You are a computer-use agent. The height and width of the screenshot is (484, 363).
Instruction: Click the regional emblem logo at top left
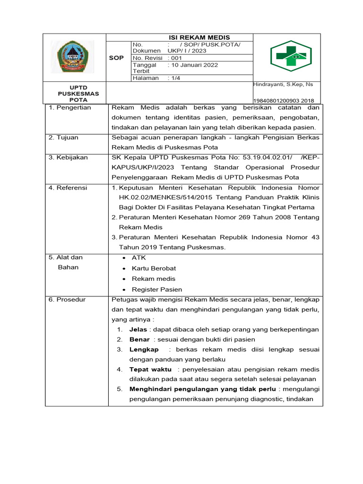point(72,57)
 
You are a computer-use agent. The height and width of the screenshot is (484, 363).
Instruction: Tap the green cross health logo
point(287,56)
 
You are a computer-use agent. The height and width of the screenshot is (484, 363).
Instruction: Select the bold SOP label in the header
point(116,58)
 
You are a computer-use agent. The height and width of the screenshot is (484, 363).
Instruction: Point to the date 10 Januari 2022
point(194,65)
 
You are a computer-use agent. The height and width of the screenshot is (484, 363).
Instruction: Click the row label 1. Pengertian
point(70,107)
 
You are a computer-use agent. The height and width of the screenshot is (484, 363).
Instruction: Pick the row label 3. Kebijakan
point(69,157)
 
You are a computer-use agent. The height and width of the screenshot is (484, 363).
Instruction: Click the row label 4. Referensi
point(68,188)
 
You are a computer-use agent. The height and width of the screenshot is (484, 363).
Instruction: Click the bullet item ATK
point(139,258)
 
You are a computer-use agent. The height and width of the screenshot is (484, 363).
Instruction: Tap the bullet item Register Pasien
point(157,289)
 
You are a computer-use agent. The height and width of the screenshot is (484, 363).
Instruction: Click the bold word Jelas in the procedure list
point(138,329)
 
